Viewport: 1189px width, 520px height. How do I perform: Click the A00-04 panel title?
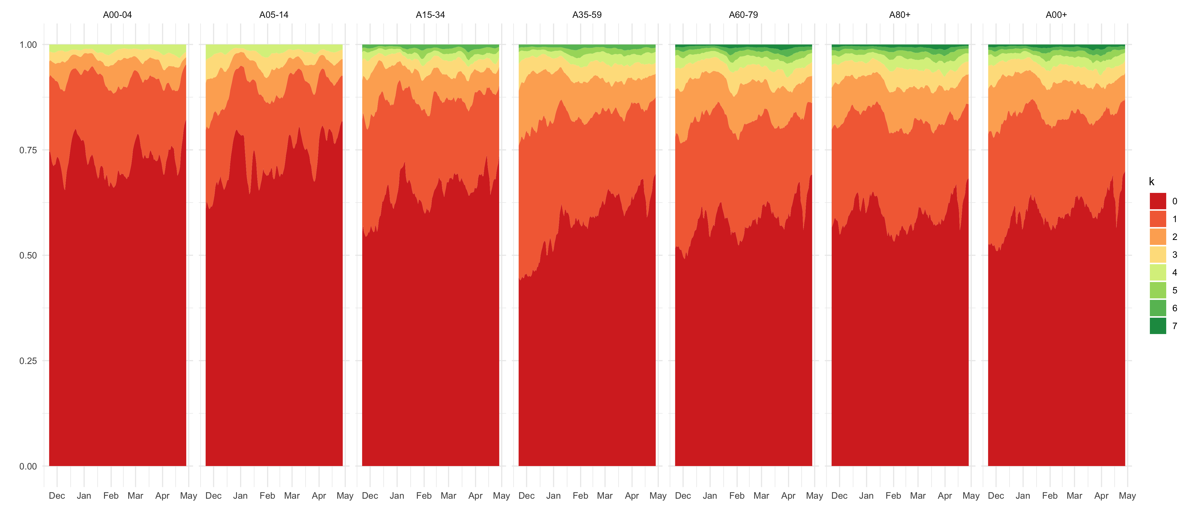[x=117, y=15]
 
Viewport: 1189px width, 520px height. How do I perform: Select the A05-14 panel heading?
[x=274, y=15]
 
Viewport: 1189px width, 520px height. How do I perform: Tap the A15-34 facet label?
[x=430, y=15]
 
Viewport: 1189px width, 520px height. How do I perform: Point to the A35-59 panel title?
[x=587, y=15]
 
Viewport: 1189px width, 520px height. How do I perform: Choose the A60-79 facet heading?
[x=743, y=15]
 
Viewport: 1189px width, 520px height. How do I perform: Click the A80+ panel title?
[x=900, y=15]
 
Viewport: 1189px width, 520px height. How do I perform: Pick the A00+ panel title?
[x=1056, y=15]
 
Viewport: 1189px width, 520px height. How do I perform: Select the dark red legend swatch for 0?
[x=1158, y=201]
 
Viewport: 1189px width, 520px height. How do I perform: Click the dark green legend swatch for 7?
[x=1158, y=326]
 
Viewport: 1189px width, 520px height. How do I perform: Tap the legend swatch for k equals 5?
[x=1158, y=290]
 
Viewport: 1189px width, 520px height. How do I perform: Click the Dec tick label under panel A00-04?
[x=57, y=495]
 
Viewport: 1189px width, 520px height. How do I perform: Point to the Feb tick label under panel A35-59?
[x=580, y=495]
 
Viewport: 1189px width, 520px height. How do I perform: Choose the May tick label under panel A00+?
[x=1127, y=495]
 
